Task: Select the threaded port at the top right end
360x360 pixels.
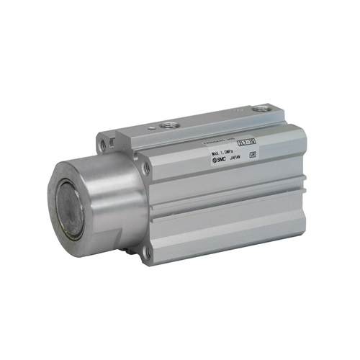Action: [x=260, y=109]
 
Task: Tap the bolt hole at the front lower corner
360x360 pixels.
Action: [x=149, y=253]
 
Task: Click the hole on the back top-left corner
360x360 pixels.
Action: [x=104, y=145]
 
